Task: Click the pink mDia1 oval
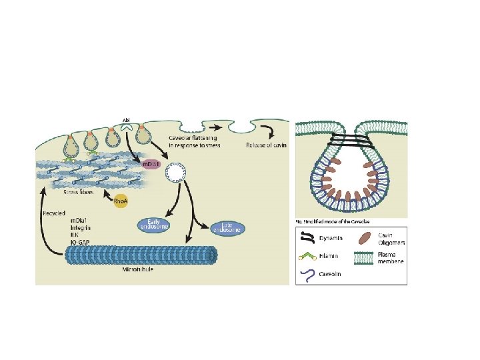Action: click(149, 164)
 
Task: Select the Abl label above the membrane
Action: click(127, 119)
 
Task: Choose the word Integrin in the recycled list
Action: click(82, 228)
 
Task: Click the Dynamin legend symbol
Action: click(307, 237)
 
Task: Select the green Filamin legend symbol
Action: click(307, 255)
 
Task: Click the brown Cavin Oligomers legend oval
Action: click(366, 237)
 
